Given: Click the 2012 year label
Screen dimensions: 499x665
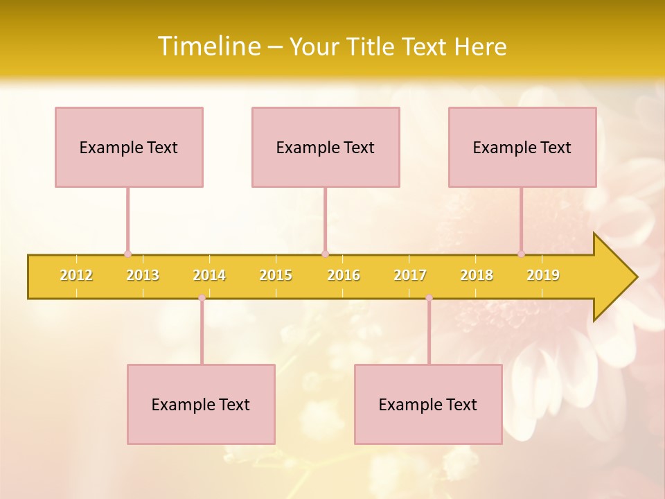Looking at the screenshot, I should [76, 275].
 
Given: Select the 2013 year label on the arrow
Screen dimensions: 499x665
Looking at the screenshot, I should [143, 275].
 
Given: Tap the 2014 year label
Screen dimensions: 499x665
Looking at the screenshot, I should [209, 275].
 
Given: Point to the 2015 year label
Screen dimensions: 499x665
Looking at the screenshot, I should [276, 275].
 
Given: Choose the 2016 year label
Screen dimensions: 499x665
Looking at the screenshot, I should [344, 275].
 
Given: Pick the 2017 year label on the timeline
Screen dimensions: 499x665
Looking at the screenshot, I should [410, 275].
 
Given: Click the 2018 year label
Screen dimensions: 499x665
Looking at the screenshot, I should [477, 275].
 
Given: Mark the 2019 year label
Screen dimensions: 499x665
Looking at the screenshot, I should [543, 275].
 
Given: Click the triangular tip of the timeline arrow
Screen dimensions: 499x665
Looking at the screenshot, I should [620, 277].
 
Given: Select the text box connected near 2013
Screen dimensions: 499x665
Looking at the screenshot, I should [129, 147].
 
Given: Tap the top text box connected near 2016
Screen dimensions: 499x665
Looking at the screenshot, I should [326, 147].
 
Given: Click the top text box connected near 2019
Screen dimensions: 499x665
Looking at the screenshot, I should [522, 147].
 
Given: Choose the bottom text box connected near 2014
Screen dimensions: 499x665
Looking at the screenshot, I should [201, 404].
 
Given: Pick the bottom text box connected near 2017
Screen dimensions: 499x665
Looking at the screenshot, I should [428, 404].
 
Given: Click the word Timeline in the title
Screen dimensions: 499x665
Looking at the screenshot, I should [208, 46].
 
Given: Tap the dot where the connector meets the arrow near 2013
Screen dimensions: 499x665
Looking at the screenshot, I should [127, 254].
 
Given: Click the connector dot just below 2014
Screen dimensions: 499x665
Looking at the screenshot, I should [202, 297].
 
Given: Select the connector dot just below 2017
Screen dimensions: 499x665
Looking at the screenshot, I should [429, 297].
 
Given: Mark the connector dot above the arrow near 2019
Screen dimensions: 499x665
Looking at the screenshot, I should [521, 254].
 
